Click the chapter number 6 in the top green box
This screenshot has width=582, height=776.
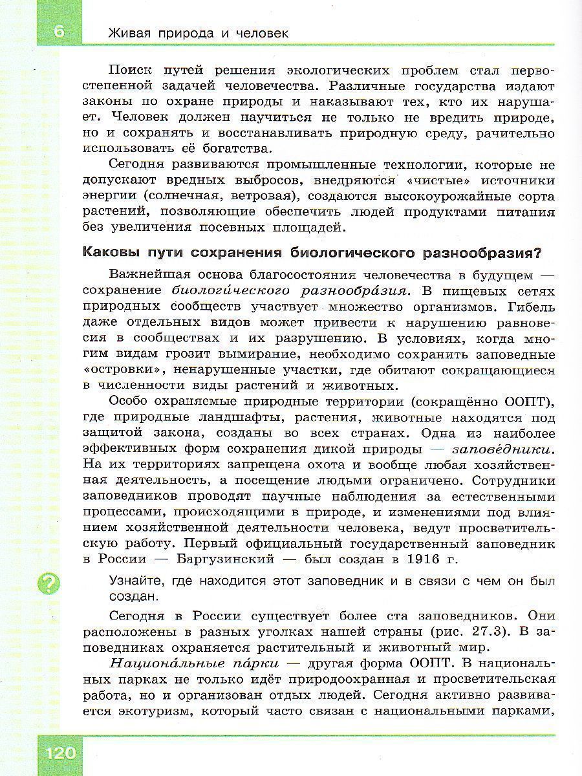(x=59, y=31)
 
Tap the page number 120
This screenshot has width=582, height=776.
(x=59, y=753)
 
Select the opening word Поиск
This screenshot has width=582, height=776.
(x=131, y=70)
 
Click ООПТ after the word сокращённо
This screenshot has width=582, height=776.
(x=528, y=402)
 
